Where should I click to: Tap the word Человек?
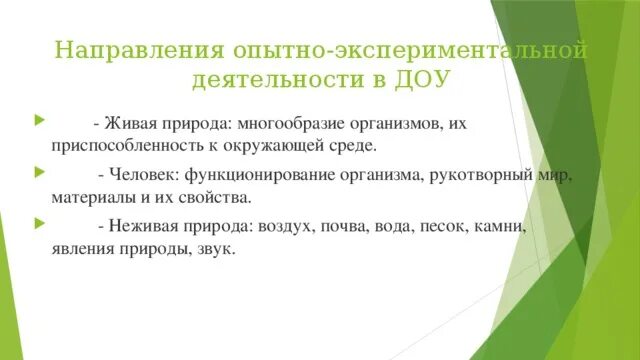tap(144, 176)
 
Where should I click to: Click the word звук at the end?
tap(218, 250)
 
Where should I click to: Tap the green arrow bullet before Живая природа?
tap(38, 122)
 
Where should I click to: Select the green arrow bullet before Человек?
tap(38, 175)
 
